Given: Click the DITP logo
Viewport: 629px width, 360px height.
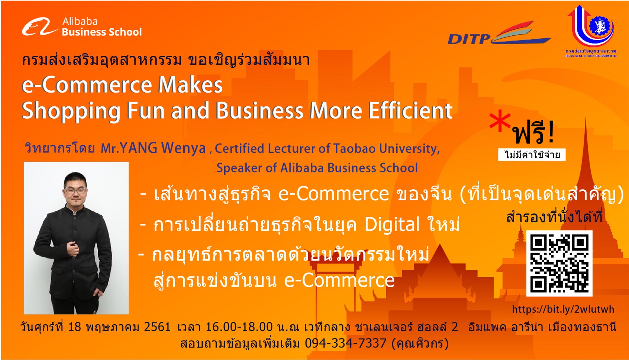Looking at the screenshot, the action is pos(499,33).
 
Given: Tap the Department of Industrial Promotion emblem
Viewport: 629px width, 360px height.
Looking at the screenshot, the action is pos(591,31).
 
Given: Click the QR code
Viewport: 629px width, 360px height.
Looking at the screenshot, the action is pos(559,263).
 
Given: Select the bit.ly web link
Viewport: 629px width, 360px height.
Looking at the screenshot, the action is pos(563,309).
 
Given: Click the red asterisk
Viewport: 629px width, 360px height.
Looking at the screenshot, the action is pos(500,122).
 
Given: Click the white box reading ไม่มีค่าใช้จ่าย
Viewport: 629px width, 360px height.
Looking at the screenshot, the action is pos(532,155).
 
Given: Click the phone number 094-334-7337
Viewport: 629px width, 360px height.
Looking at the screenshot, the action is pos(346,343).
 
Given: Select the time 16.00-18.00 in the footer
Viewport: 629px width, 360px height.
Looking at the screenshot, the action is pos(239,327).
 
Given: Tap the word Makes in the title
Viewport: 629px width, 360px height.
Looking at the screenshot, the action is pos(190,85).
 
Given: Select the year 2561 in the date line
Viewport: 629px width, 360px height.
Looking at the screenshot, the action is pos(157,327).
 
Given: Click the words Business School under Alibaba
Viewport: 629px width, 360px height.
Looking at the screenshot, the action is pos(101,32).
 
